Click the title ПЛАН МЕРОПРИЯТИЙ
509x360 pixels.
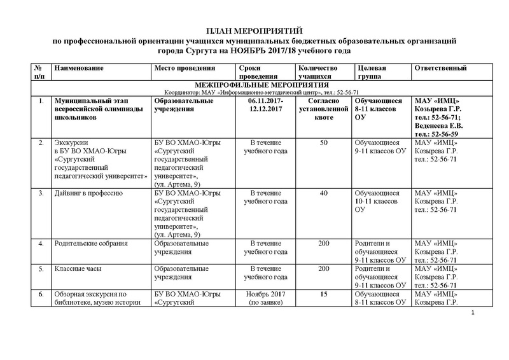(254, 31)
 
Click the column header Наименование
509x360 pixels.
(79, 68)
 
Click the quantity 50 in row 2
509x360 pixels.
(320, 142)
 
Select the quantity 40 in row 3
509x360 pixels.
(320, 192)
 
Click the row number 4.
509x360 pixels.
(41, 243)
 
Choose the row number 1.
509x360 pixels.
(41, 100)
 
